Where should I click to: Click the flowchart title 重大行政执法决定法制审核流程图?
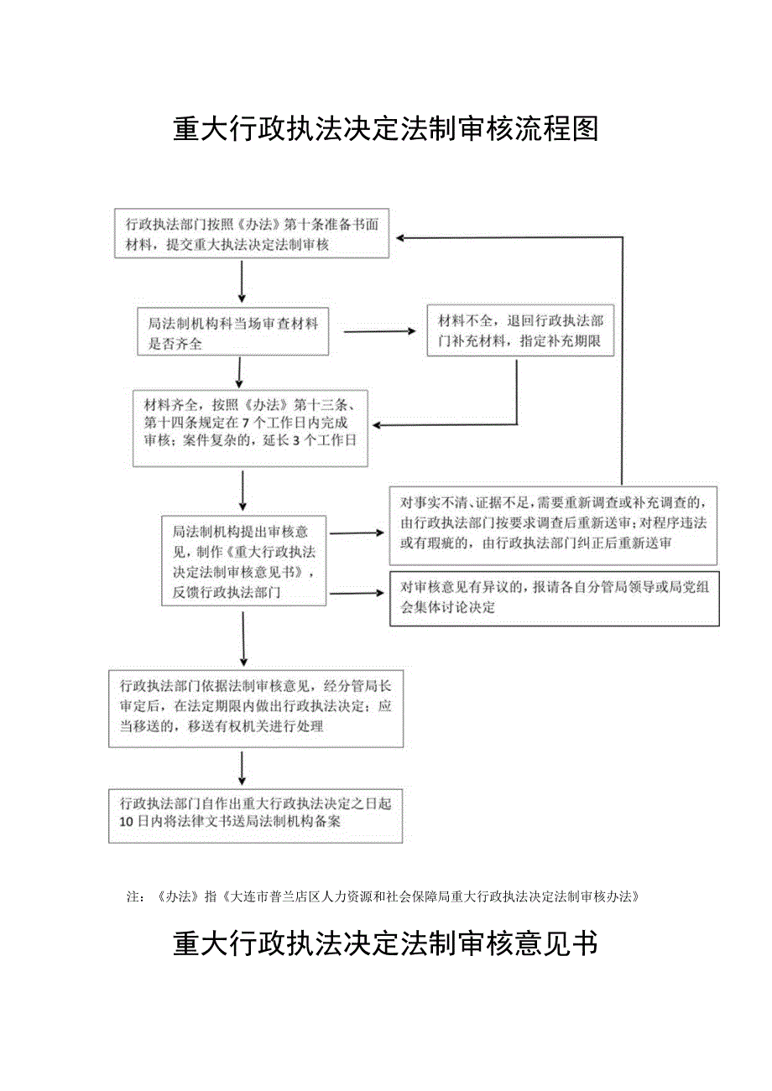(x=385, y=129)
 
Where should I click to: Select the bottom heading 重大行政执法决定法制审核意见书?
(x=385, y=943)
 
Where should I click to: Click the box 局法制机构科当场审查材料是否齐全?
(x=232, y=334)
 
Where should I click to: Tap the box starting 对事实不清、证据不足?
(x=553, y=525)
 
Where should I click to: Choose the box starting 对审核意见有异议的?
(x=554, y=597)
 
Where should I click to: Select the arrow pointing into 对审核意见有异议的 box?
(x=358, y=594)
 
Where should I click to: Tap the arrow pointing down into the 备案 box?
(x=243, y=769)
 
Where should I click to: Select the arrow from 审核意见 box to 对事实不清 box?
(x=357, y=533)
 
